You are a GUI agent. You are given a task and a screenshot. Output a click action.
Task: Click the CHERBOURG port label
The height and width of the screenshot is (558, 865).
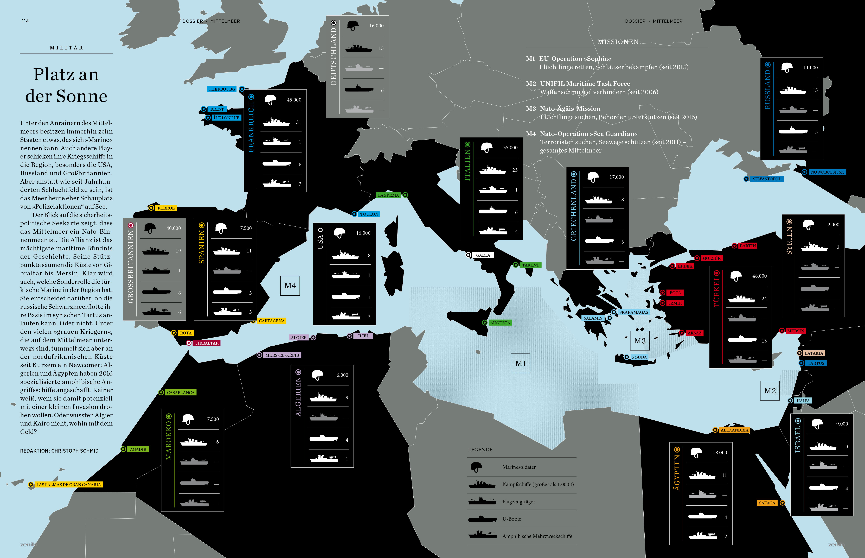pos(222,89)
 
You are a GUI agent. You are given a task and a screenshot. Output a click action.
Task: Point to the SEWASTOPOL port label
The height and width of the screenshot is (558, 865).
pos(766,179)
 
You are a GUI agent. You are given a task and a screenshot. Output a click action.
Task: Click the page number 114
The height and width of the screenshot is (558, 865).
pos(25,21)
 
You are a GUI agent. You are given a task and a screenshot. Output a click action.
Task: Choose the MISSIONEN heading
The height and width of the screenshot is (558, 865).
pos(618,42)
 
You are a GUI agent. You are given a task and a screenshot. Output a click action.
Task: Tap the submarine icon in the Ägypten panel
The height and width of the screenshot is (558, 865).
pos(702,516)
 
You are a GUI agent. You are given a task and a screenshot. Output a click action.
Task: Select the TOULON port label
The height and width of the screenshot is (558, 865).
pos(369,214)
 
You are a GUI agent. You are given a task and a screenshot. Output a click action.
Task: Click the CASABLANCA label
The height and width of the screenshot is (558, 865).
pos(180,392)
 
